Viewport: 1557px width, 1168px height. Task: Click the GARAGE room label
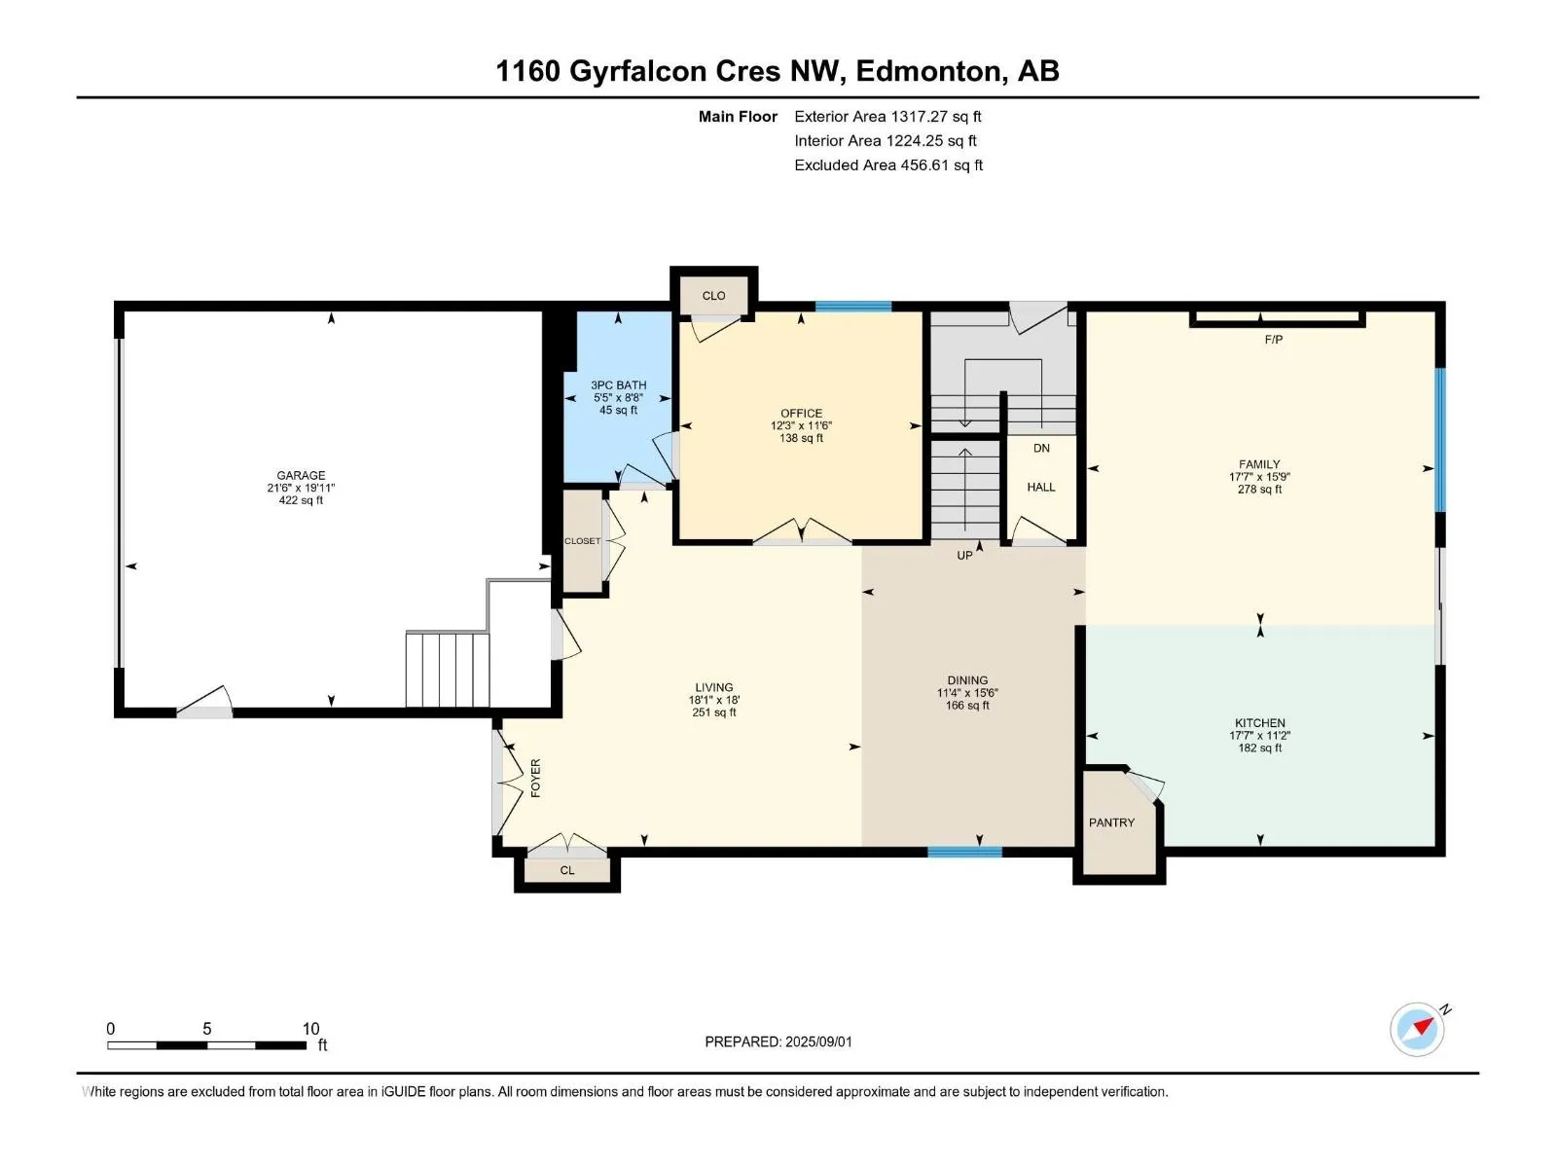click(x=301, y=475)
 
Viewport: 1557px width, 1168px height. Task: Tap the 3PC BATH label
click(x=619, y=385)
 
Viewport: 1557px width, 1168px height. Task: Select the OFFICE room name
click(x=802, y=413)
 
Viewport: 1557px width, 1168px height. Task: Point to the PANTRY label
click(x=1111, y=822)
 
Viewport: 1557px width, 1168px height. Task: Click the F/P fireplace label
click(x=1273, y=340)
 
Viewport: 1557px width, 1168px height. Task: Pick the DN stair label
click(x=1041, y=448)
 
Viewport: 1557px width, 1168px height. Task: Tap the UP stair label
click(x=964, y=555)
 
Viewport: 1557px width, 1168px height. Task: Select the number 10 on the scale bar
click(x=310, y=1028)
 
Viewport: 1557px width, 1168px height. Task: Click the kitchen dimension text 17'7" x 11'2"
click(x=1260, y=736)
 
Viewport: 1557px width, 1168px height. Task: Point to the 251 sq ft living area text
click(x=714, y=712)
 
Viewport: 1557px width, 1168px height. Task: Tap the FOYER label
click(x=535, y=778)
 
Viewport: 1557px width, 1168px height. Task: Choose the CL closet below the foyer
click(x=567, y=870)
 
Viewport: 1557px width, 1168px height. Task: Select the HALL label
click(x=1041, y=488)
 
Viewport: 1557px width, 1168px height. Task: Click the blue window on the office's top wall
click(x=853, y=307)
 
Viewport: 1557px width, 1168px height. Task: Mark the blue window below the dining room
click(x=964, y=852)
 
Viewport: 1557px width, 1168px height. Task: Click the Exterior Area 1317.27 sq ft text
click(x=888, y=116)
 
